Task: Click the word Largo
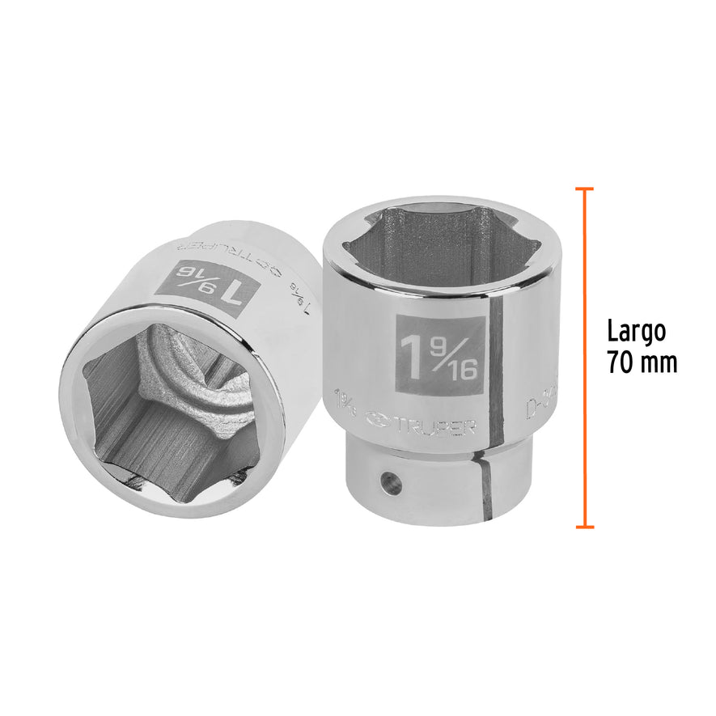pyautogui.click(x=636, y=331)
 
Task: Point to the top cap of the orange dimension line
pyautogui.click(x=584, y=189)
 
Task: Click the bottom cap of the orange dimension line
pyautogui.click(x=584, y=527)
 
